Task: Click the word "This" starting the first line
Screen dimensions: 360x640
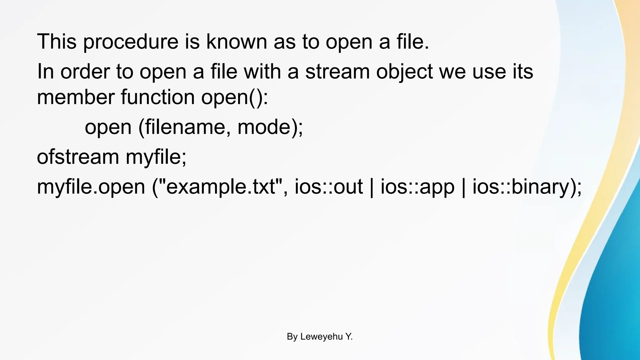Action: click(57, 42)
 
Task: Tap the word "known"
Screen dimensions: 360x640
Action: click(237, 42)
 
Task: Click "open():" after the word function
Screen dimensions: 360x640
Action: click(234, 97)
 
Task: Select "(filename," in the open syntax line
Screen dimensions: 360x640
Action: click(184, 127)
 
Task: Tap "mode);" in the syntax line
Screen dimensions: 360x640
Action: click(270, 127)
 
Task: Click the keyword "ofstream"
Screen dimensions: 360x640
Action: click(78, 157)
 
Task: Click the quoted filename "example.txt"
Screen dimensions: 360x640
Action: click(222, 187)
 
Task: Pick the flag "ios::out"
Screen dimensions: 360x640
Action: click(329, 187)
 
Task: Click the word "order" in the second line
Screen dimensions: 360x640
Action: click(85, 72)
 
